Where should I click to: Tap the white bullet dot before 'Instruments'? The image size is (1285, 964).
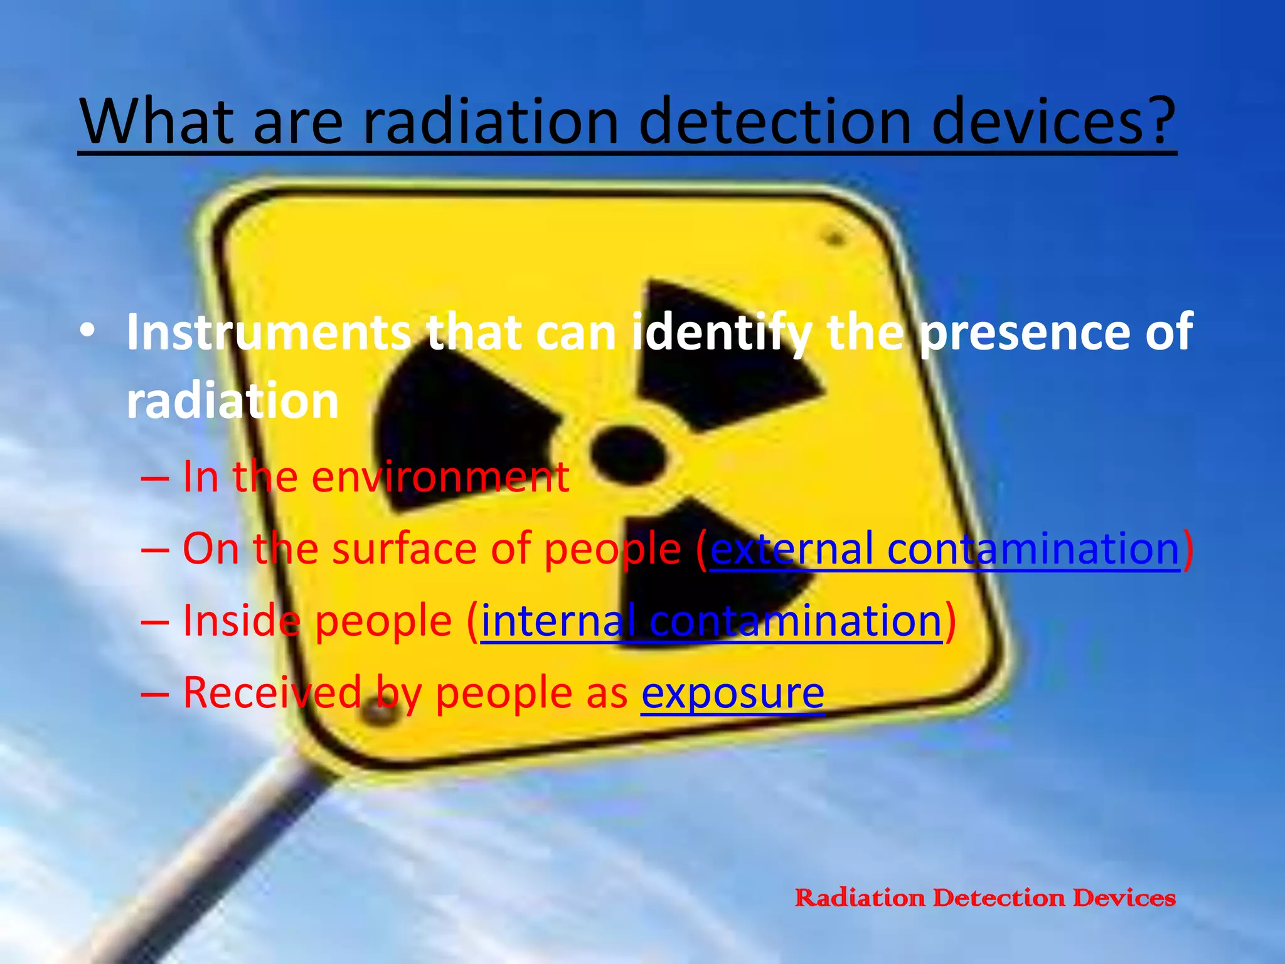click(88, 331)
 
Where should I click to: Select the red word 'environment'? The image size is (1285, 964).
click(440, 477)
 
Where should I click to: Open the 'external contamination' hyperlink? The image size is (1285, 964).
click(944, 549)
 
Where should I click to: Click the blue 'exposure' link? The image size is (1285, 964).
click(732, 693)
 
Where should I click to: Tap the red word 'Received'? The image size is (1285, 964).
click(272, 693)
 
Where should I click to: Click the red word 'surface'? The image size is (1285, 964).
click(405, 549)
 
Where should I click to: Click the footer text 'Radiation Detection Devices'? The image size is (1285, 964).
click(984, 897)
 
